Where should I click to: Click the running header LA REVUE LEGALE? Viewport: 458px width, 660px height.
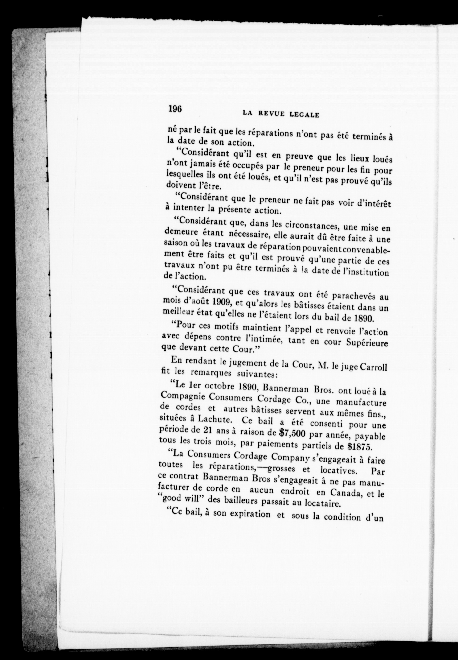281,114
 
